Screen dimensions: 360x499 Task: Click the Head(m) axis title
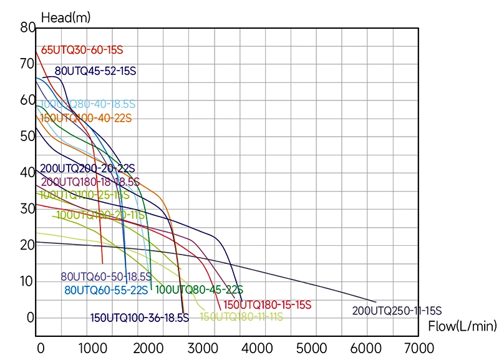point(65,17)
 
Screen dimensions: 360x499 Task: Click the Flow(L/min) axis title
point(462,326)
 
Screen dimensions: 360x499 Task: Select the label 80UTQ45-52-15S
point(95,71)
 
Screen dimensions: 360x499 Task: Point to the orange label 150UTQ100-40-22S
point(86,118)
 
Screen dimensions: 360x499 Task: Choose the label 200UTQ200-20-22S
point(87,168)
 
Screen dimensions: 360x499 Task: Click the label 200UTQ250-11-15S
point(397,311)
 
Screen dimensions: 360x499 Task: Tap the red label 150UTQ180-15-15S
point(268,305)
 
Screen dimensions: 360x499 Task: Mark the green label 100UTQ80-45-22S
point(199,289)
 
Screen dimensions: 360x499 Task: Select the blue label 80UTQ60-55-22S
point(106,289)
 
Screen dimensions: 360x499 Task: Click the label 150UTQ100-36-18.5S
point(139,318)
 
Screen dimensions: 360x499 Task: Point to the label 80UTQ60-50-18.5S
point(106,276)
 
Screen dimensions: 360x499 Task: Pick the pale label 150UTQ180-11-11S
point(241,317)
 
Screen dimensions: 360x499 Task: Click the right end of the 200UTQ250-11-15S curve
point(376,302)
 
